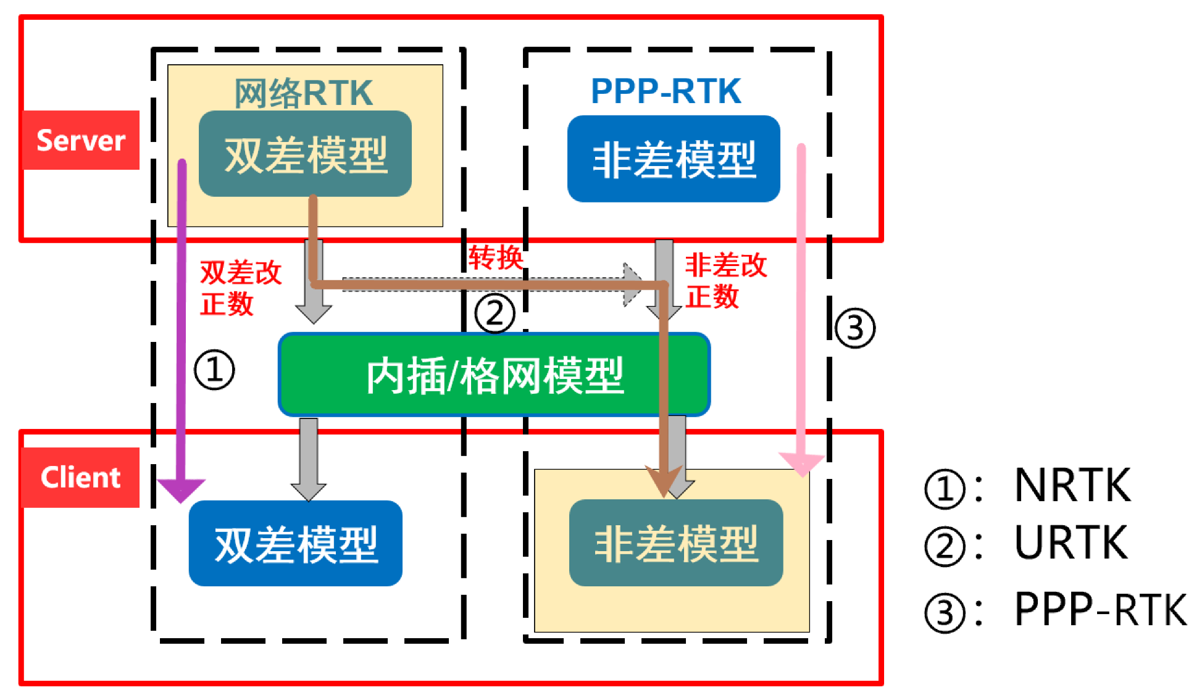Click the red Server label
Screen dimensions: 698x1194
click(x=81, y=140)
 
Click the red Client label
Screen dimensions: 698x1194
click(x=81, y=478)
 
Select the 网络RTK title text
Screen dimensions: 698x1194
click(x=303, y=93)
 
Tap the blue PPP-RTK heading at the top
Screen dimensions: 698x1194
click(x=666, y=91)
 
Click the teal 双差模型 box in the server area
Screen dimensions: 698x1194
click(x=305, y=154)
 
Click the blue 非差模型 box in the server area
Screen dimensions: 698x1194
click(x=674, y=159)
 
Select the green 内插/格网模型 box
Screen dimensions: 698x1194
click(x=494, y=375)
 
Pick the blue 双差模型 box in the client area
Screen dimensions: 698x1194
click(x=296, y=544)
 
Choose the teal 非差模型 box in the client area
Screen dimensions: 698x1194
click(x=676, y=543)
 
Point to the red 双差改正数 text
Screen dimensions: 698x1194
click(x=240, y=288)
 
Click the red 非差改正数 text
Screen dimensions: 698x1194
click(x=725, y=281)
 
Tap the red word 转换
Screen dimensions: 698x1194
click(x=495, y=257)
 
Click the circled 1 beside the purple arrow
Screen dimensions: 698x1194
click(x=214, y=370)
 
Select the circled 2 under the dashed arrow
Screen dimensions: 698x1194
click(x=495, y=313)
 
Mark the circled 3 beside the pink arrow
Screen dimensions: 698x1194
click(x=855, y=328)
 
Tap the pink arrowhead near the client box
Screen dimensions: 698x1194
click(x=801, y=464)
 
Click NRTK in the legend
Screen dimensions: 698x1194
click(x=1072, y=486)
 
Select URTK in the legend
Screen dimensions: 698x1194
click(x=1071, y=543)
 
